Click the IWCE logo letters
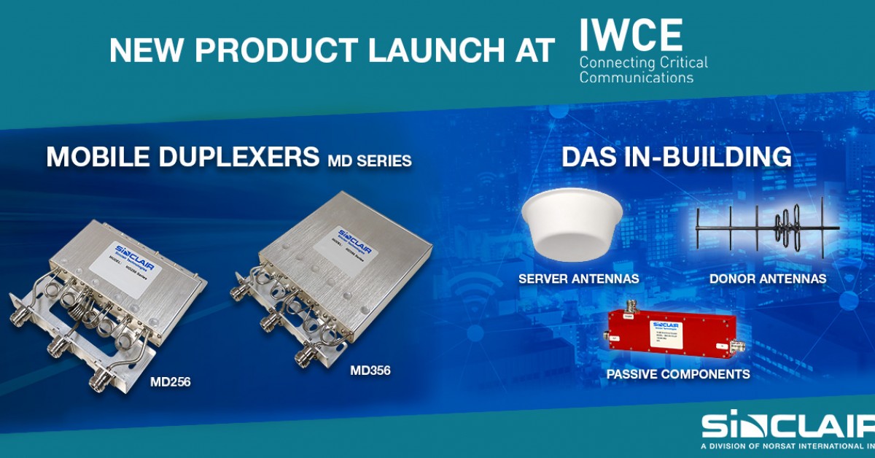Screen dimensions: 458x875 (x=631, y=34)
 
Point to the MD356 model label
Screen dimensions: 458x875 (x=370, y=370)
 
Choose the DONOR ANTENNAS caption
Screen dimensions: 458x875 (x=767, y=279)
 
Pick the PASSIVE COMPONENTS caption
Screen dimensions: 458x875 (x=678, y=374)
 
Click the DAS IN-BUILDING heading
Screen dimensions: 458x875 (x=676, y=156)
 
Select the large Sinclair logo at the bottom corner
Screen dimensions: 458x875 (x=787, y=426)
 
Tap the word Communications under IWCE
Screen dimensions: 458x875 (x=636, y=77)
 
